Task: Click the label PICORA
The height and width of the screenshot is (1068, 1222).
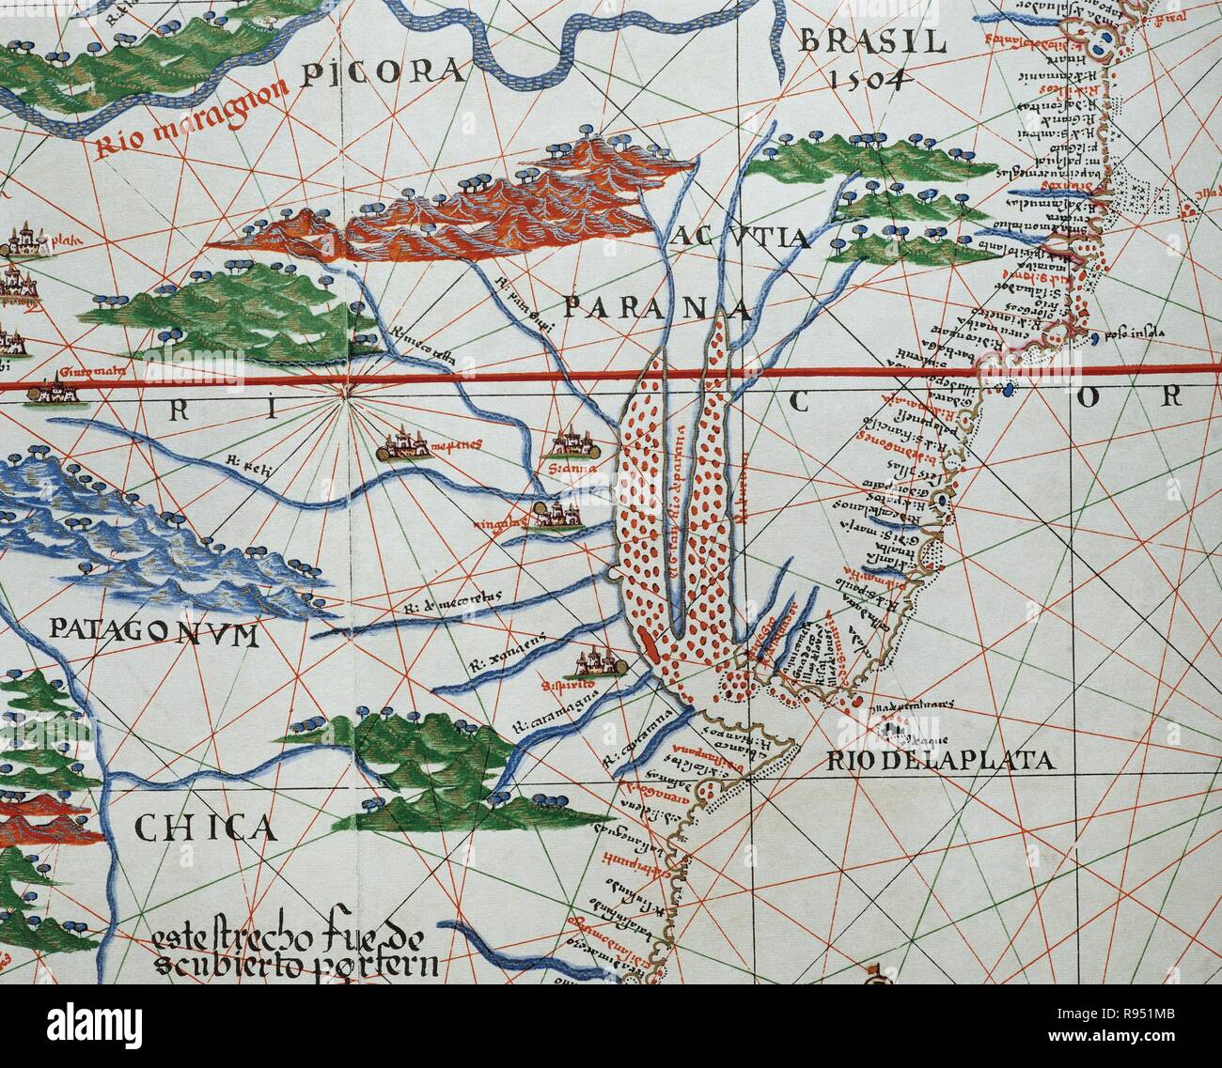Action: (x=384, y=71)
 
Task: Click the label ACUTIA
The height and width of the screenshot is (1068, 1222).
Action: (x=741, y=238)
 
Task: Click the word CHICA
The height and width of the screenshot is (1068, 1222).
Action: (x=206, y=827)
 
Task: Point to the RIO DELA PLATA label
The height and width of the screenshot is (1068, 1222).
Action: (x=941, y=760)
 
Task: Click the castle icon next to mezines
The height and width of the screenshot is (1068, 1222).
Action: (x=404, y=446)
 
